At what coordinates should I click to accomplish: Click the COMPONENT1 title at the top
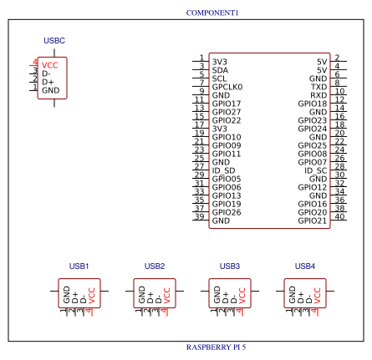(211, 13)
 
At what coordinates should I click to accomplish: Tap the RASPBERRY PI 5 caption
(216, 347)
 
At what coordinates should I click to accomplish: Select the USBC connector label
(54, 41)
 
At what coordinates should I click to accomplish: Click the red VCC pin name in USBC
(50, 64)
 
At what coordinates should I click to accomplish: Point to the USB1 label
(79, 266)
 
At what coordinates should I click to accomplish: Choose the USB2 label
(155, 266)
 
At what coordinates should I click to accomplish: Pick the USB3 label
(230, 266)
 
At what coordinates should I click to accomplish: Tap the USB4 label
(305, 266)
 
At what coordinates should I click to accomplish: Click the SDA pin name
(220, 70)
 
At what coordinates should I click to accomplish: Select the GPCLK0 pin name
(227, 87)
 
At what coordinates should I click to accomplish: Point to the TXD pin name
(318, 87)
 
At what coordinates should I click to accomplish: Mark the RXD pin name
(318, 95)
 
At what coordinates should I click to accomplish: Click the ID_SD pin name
(223, 170)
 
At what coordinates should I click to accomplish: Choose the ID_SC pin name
(315, 170)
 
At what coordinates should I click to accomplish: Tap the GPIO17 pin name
(227, 104)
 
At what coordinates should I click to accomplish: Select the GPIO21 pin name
(313, 221)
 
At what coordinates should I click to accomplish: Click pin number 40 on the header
(339, 217)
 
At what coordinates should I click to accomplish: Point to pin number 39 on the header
(200, 217)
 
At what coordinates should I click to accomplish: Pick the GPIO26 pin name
(227, 212)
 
